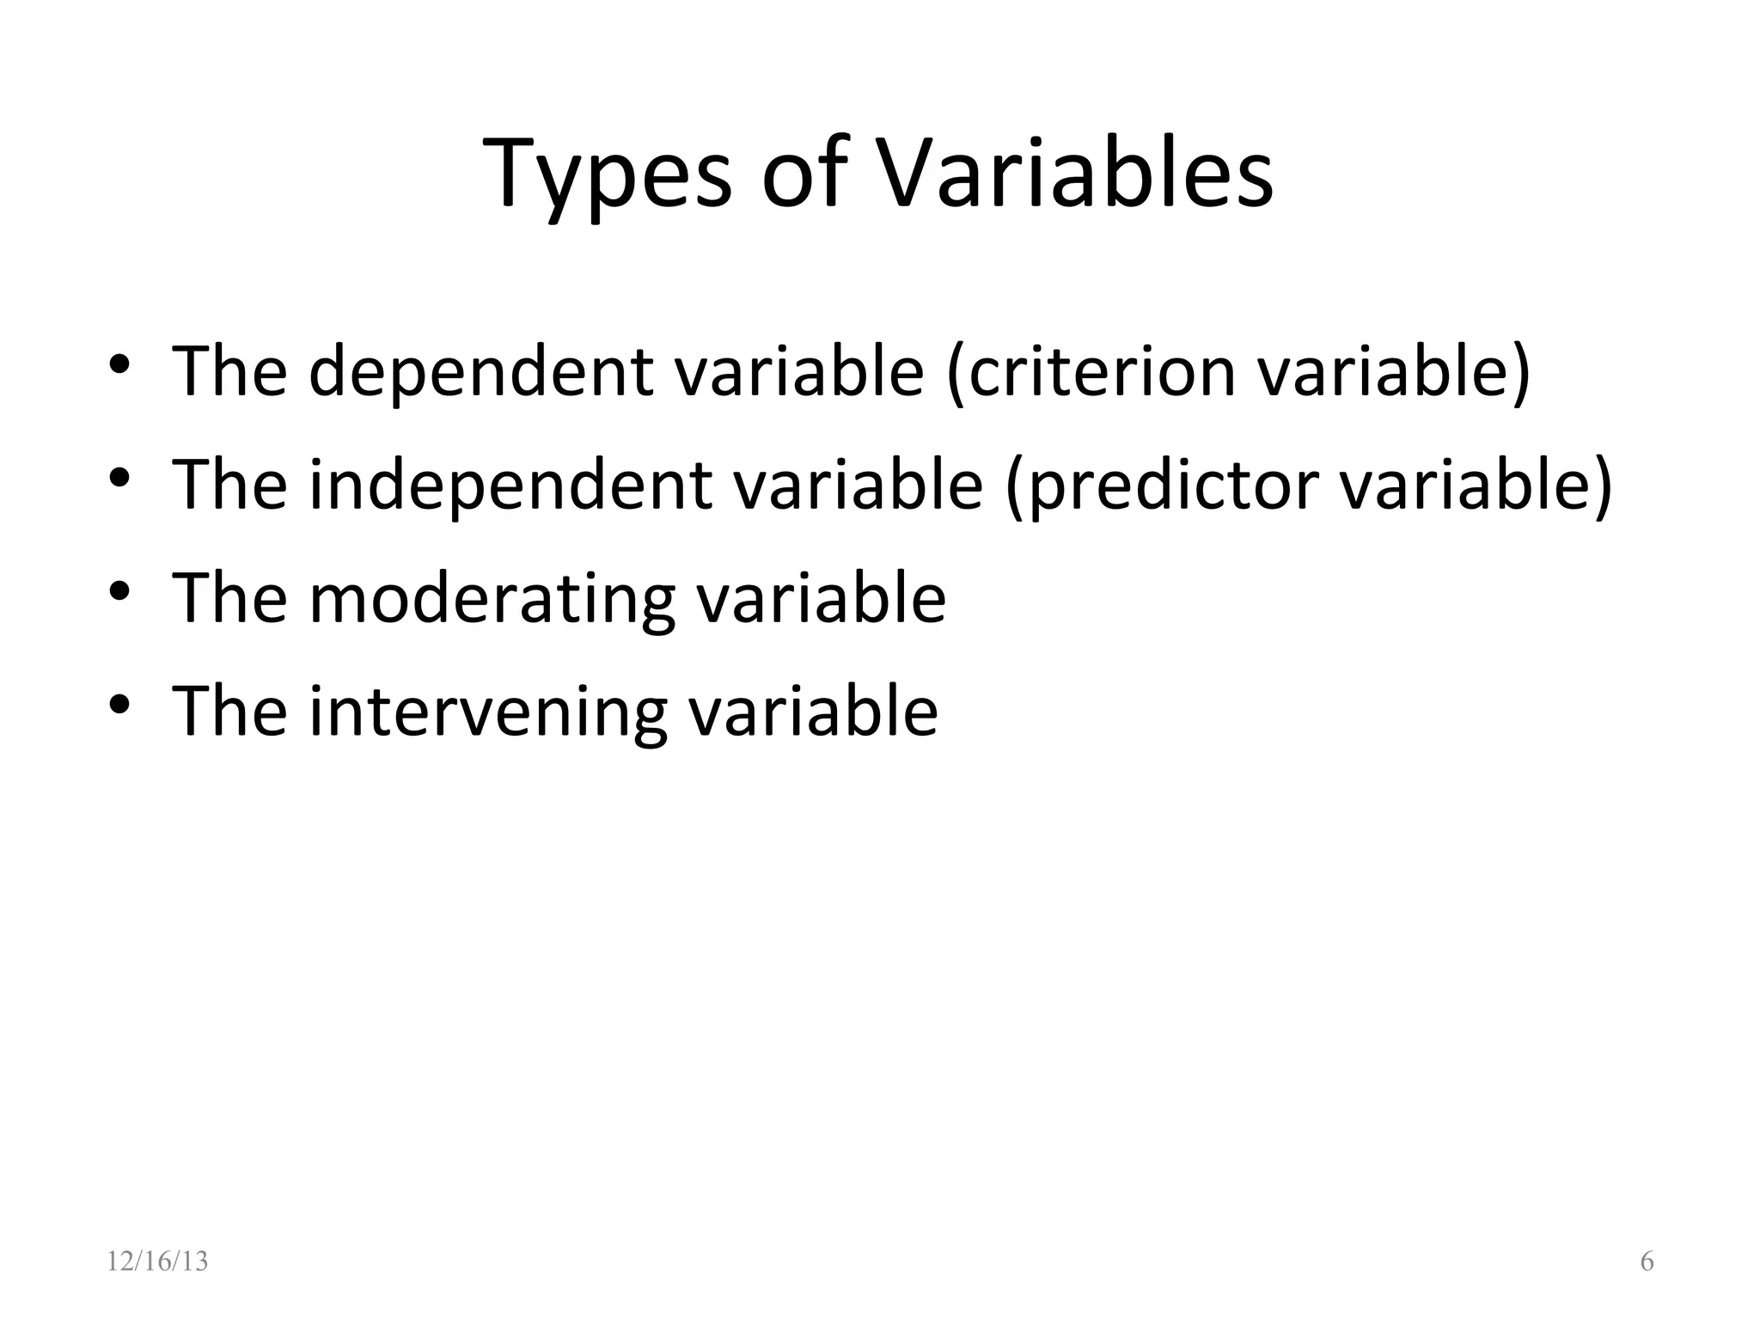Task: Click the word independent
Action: click(x=510, y=486)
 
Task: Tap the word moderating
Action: click(x=492, y=599)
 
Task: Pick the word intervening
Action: click(x=487, y=712)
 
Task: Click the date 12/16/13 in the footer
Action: click(x=157, y=1262)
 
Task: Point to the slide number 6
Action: click(x=1647, y=1262)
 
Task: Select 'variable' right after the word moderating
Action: click(x=821, y=599)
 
